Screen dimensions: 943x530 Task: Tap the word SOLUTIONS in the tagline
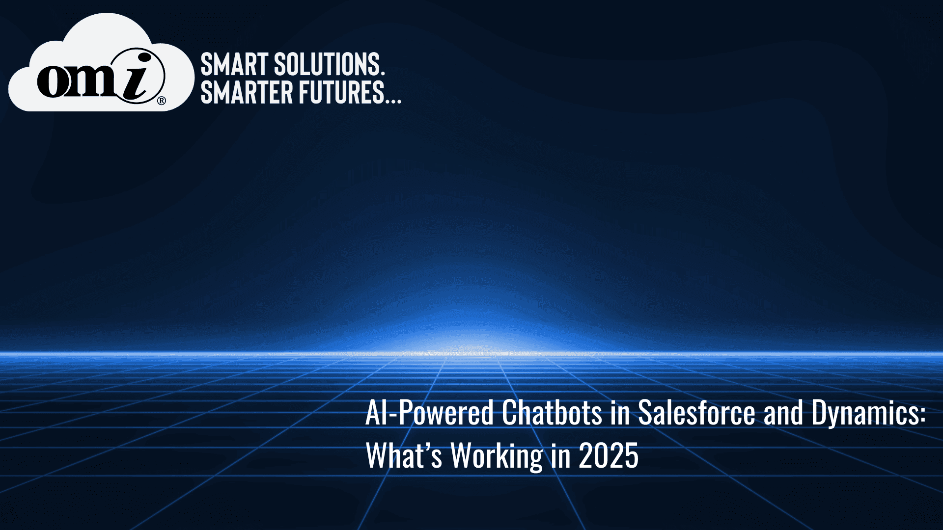coord(329,64)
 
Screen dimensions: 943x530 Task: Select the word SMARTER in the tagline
coord(247,92)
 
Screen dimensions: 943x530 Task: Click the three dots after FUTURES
coord(393,101)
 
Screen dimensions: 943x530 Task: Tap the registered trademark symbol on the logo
coord(161,101)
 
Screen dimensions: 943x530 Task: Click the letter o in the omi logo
coord(55,81)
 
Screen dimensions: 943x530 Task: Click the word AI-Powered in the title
coord(429,413)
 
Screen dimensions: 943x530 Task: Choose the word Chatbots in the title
coord(552,412)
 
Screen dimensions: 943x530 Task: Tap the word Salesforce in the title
coord(696,412)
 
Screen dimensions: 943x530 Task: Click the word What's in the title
coord(404,455)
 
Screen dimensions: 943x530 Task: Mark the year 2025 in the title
coord(609,456)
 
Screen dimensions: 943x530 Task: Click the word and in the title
coord(783,412)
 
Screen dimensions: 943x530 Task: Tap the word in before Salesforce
coord(620,413)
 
